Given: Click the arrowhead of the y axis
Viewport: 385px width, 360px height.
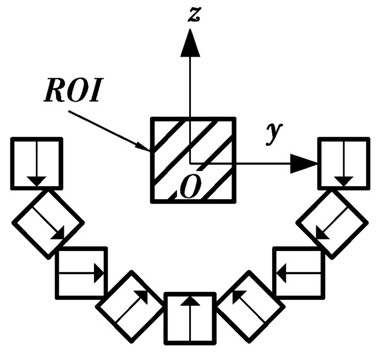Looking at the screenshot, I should pos(305,162).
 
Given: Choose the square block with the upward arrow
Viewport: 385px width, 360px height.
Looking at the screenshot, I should pos(190,319).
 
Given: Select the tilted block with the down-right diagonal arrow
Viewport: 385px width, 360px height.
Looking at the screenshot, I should pos(48,223).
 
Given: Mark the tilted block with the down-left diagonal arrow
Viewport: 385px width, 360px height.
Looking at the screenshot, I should pos(332,223).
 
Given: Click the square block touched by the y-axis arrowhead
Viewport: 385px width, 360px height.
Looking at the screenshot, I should pos(345,163).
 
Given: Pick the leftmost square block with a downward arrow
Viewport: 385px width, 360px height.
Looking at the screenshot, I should pos(36,163).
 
